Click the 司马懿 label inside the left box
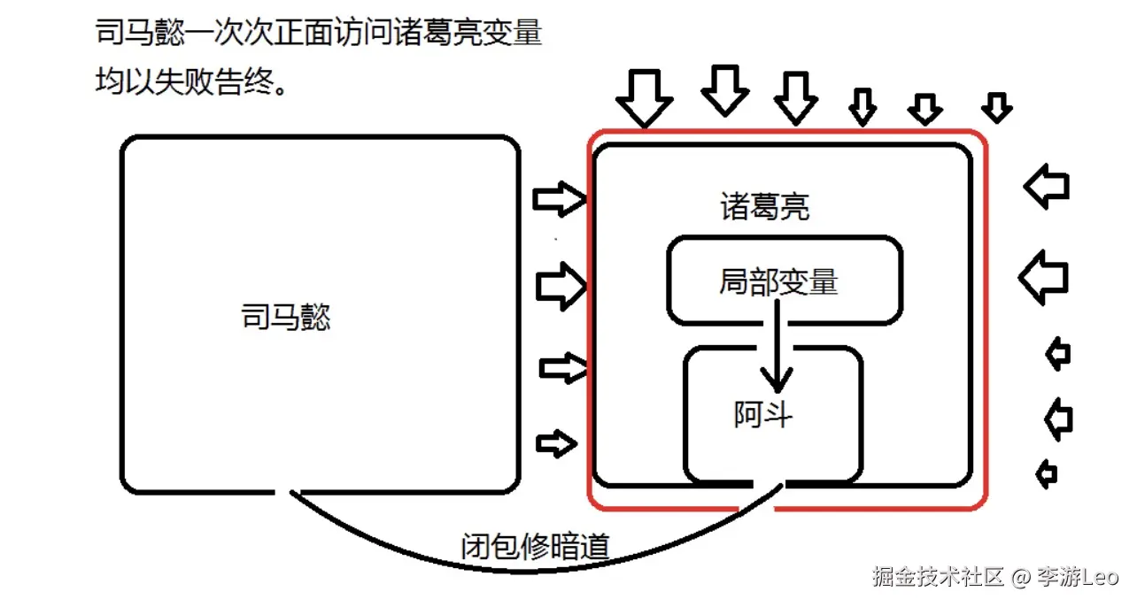(285, 316)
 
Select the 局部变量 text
(778, 282)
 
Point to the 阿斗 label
(763, 414)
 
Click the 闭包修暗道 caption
(536, 547)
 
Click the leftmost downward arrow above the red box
(645, 97)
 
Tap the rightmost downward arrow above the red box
(997, 107)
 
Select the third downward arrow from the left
(795, 96)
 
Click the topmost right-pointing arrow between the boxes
(560, 201)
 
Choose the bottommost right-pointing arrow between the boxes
(557, 443)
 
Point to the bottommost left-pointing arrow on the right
(1047, 474)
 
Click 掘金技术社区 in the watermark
(938, 577)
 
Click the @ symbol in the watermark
(1023, 578)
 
